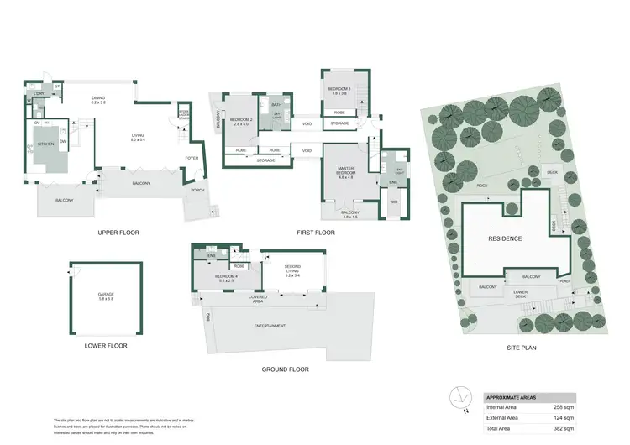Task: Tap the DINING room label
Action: click(98, 100)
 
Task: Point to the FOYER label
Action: click(192, 157)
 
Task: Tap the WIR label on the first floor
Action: click(392, 202)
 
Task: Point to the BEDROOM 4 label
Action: click(224, 276)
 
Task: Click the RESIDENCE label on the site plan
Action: click(505, 238)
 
